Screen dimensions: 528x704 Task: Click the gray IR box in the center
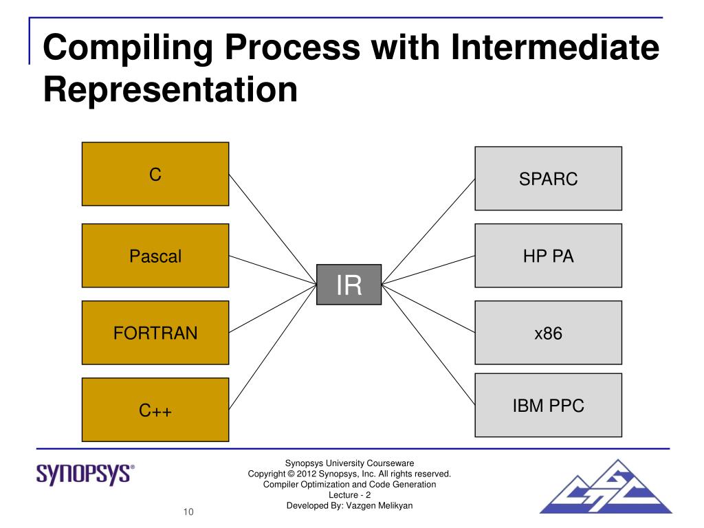pos(349,285)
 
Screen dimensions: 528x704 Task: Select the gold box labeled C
pos(155,174)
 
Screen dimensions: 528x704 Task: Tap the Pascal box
pos(155,256)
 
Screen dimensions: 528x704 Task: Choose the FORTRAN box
pos(155,333)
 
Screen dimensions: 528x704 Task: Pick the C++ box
pos(155,410)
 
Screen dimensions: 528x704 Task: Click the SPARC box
pos(548,179)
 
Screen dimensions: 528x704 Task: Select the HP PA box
pos(548,256)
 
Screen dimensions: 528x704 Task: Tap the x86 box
pos(548,333)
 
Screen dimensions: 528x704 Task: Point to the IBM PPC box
pos(548,405)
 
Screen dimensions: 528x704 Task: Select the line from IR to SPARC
pos(428,231)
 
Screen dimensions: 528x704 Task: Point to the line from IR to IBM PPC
pos(428,343)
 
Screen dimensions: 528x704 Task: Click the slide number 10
pos(188,511)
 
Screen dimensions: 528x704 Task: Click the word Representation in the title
pos(170,89)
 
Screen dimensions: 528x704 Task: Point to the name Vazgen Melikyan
pos(381,506)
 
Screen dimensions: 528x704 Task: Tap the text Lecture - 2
pos(350,495)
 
